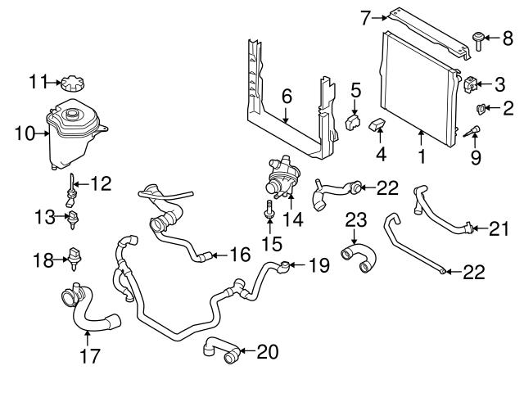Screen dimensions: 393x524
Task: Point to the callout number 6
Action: (286, 97)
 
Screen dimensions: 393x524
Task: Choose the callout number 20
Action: (267, 352)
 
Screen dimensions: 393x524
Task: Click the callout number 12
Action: (100, 184)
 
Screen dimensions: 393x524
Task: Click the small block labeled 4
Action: (379, 129)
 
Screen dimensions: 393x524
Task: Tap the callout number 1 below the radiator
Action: (421, 152)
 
